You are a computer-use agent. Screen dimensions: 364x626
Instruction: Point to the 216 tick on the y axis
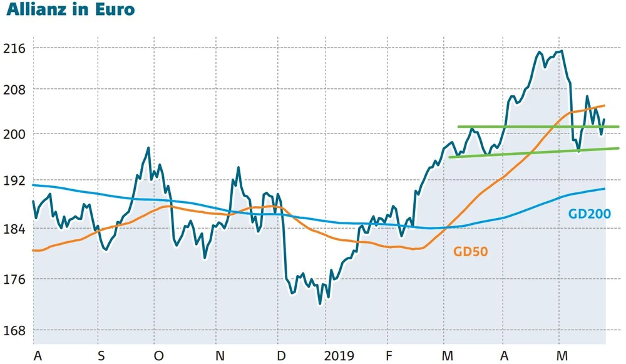(15, 48)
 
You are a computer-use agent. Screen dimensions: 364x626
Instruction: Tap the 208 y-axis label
(15, 90)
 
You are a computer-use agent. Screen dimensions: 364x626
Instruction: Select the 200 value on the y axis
(15, 134)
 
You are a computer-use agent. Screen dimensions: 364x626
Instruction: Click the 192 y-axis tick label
(15, 181)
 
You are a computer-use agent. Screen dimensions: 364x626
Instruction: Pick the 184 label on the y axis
(15, 229)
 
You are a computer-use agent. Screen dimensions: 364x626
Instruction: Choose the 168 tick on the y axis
(15, 330)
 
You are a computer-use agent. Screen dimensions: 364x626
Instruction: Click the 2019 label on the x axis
(339, 356)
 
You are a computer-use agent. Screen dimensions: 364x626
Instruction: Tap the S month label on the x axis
(101, 356)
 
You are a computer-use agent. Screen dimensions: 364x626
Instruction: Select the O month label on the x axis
(158, 356)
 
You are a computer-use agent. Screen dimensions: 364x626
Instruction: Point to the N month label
(219, 356)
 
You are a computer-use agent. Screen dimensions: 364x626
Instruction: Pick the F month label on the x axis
(389, 356)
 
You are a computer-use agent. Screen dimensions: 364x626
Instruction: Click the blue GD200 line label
(589, 214)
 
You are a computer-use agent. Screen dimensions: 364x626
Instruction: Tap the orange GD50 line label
(470, 252)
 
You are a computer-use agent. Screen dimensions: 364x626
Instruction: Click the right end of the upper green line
(618, 127)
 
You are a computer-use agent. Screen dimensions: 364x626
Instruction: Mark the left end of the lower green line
(450, 157)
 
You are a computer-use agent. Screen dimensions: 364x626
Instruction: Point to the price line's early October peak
(148, 148)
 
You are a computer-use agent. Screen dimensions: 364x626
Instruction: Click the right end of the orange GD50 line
(604, 106)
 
